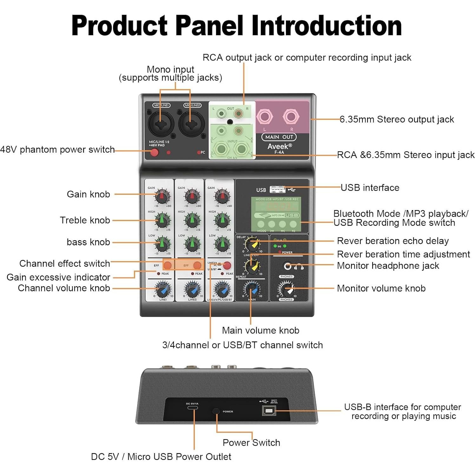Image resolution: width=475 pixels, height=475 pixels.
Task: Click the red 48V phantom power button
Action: [x=154, y=152]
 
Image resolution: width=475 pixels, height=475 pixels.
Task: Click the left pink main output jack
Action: [x=264, y=117]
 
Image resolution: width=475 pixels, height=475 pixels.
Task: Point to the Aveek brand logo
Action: [x=279, y=146]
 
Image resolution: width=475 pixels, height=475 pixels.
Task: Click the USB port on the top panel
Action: [x=277, y=189]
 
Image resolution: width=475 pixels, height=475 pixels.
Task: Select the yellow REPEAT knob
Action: [x=252, y=266]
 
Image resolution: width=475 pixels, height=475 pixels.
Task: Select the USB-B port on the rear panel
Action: [x=269, y=411]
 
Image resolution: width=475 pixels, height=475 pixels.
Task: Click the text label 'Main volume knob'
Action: [x=261, y=330]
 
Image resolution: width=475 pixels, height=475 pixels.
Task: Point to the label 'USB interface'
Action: [x=370, y=188]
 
